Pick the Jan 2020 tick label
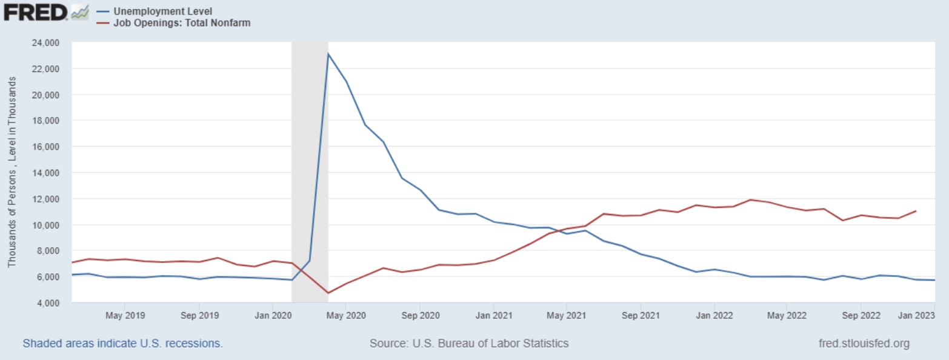click(x=273, y=315)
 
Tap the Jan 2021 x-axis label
click(x=493, y=315)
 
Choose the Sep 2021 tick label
click(x=641, y=315)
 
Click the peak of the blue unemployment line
click(x=328, y=54)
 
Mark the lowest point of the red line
click(x=328, y=293)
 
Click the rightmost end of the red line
click(x=915, y=211)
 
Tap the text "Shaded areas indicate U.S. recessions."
click(x=122, y=344)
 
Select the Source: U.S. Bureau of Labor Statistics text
click(x=469, y=344)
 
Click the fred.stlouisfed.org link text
click(x=864, y=344)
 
